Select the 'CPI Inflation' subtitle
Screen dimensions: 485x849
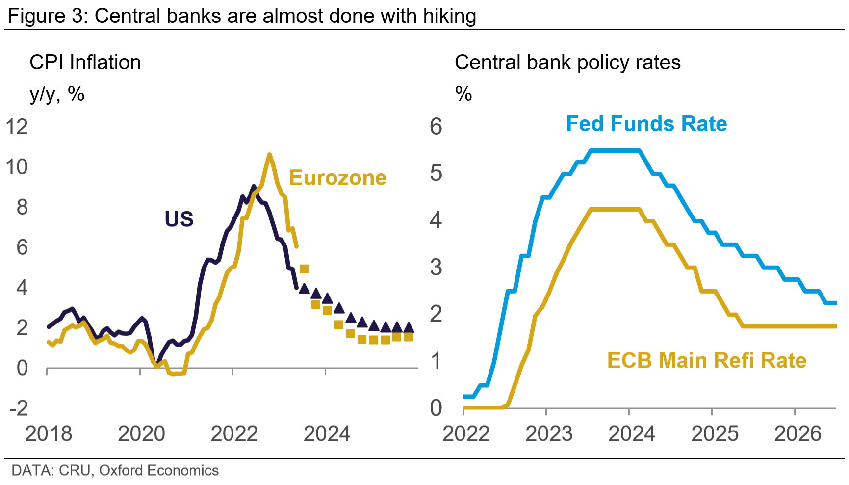tap(85, 63)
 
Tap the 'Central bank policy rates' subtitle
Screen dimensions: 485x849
tap(567, 63)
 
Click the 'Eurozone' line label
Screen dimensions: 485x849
tap(337, 178)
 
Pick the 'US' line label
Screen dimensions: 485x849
tap(179, 219)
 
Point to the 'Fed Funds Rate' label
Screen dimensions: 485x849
tap(646, 124)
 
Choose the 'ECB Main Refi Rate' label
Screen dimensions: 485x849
tap(707, 361)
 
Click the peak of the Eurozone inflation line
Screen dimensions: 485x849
tap(269, 155)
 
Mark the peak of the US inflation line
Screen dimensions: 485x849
tap(254, 186)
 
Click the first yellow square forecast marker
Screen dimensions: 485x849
tap(304, 269)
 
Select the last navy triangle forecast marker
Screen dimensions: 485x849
tap(409, 327)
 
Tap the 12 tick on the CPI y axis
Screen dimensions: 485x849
tap(17, 127)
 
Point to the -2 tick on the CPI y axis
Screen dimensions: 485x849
tap(19, 408)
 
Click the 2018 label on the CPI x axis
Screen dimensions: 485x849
tap(48, 434)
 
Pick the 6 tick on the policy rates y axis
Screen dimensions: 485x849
tap(436, 127)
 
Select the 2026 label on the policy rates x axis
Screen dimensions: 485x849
tap(798, 434)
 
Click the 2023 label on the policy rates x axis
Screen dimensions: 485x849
tap(549, 434)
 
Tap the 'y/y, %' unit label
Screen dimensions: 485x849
tap(57, 93)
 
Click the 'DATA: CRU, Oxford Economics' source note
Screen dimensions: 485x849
tap(115, 470)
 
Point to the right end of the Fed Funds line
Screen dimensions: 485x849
tap(835, 303)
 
